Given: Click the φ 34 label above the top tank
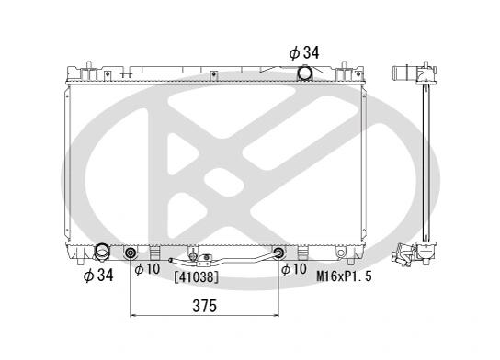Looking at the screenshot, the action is (x=304, y=52).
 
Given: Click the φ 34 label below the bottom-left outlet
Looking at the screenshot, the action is (x=98, y=275).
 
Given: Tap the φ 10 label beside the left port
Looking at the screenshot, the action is (x=147, y=269).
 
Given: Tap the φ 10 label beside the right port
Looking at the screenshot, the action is (x=294, y=269).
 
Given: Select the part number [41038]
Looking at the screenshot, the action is (x=197, y=277).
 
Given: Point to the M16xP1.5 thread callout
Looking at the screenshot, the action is (x=344, y=276).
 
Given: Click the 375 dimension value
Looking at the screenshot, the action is (x=204, y=306).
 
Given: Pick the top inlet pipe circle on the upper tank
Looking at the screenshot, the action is (x=304, y=73).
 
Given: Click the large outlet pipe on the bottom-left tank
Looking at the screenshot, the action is (x=102, y=252).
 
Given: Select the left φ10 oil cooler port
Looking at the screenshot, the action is (x=131, y=253).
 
